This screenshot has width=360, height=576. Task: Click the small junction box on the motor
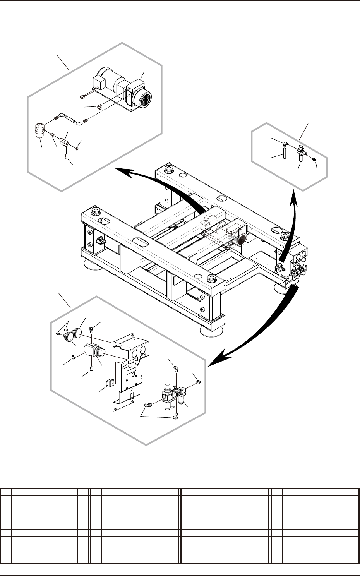(x=100, y=82)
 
